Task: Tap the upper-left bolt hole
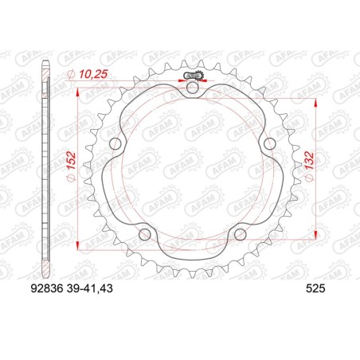coord(115,144)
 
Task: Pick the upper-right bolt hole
coord(269,144)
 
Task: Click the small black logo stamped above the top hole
coord(193,76)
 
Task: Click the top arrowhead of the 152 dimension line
coord(77,90)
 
